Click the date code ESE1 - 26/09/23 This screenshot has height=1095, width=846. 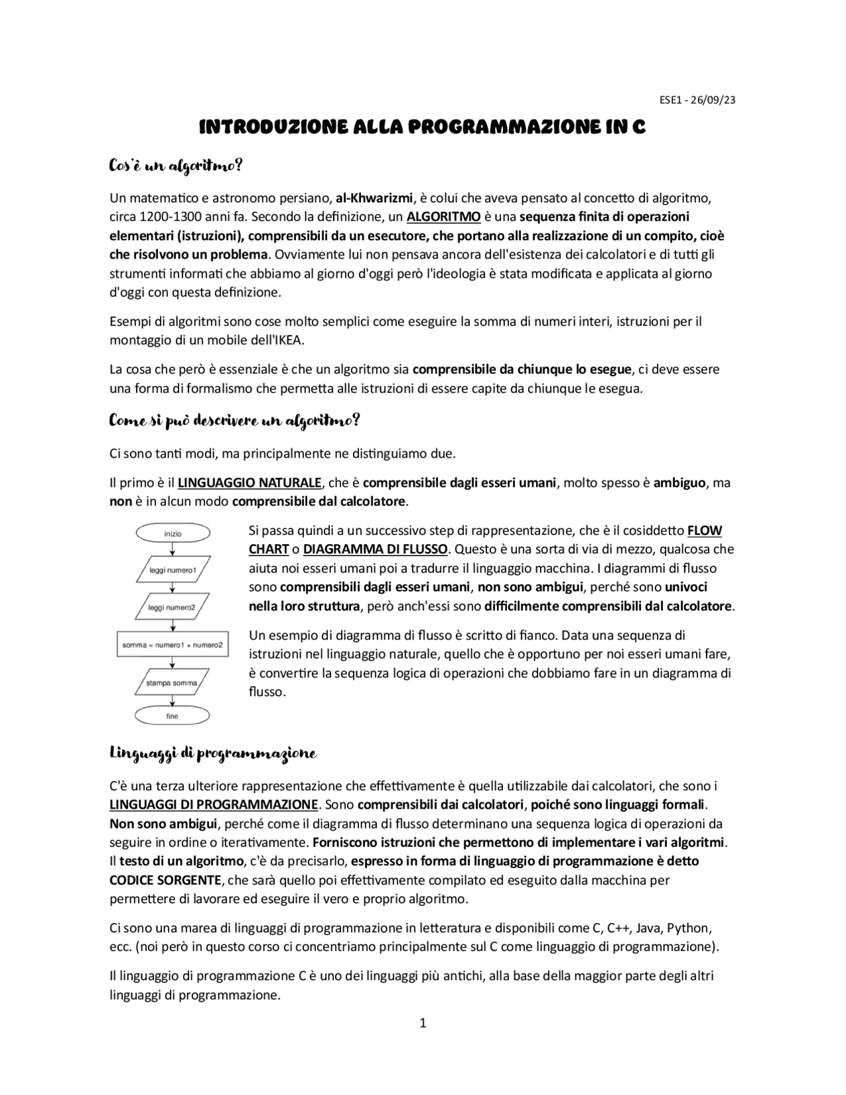point(697,101)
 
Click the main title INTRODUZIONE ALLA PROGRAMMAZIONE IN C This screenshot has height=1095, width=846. point(422,127)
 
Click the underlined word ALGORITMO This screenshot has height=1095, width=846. point(443,216)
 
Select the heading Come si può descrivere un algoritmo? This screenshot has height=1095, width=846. point(235,421)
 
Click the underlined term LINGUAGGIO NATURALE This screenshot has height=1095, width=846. point(249,483)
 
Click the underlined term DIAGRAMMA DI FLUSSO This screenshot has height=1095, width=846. point(375,549)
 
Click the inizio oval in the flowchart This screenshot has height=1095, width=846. point(173,533)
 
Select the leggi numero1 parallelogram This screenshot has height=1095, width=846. point(173,569)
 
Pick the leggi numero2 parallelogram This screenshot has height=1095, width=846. point(173,607)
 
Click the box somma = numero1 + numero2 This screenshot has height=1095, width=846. point(173,644)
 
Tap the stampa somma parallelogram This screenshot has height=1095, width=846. point(173,682)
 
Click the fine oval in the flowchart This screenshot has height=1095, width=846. point(173,716)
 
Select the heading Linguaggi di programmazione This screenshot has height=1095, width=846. point(213,754)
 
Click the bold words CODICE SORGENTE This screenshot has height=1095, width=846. point(165,880)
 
